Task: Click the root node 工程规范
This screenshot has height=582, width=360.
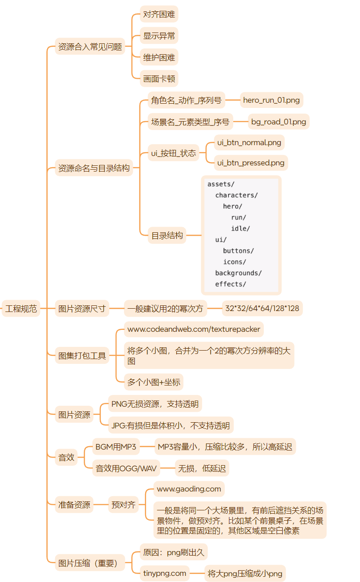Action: pyautogui.click(x=21, y=309)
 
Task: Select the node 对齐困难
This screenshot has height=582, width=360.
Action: pyautogui.click(x=159, y=14)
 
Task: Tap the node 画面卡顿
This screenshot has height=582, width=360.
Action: pyautogui.click(x=159, y=79)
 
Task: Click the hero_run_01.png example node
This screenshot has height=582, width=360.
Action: pyautogui.click(x=271, y=100)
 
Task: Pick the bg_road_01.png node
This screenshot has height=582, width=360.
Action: pyautogui.click(x=278, y=122)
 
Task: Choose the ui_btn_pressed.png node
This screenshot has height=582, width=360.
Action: pyautogui.click(x=251, y=163)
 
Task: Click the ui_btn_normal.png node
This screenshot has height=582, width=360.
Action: pyautogui.click(x=249, y=142)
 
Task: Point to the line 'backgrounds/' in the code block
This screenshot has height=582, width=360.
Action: pyautogui.click(x=238, y=273)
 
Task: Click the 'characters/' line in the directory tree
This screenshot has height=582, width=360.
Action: pyautogui.click(x=237, y=195)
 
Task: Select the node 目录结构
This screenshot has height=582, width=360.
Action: pyautogui.click(x=167, y=235)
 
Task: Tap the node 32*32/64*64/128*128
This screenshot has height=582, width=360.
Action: pyautogui.click(x=262, y=309)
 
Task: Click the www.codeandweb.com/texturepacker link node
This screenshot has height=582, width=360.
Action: pyautogui.click(x=194, y=329)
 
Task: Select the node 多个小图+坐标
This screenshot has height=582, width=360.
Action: pyautogui.click(x=154, y=382)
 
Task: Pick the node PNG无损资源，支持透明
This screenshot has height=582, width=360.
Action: pyautogui.click(x=155, y=404)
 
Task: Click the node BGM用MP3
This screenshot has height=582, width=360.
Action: pyautogui.click(x=115, y=447)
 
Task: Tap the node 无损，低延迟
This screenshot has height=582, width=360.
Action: pyautogui.click(x=201, y=468)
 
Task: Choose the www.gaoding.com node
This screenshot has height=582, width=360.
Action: pyautogui.click(x=189, y=489)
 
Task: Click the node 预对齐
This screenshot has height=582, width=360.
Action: pyautogui.click(x=123, y=505)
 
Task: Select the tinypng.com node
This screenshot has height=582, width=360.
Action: pyautogui.click(x=165, y=574)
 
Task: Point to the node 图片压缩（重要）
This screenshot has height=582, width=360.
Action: pyautogui.click(x=88, y=563)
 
